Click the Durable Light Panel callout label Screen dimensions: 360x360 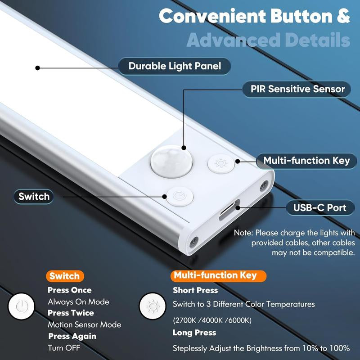pyautogui.click(x=175, y=66)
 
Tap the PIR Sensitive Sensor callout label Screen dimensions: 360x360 pyautogui.click(x=297, y=89)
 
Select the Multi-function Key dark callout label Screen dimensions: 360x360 pyautogui.click(x=306, y=161)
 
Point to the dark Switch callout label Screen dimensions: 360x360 pyautogui.click(x=34, y=196)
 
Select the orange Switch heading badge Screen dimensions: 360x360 pyautogui.click(x=64, y=276)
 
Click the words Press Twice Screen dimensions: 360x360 pyautogui.click(x=71, y=313)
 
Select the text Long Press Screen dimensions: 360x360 pyautogui.click(x=194, y=333)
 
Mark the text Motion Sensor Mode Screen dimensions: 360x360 pyautogui.click(x=84, y=324)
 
